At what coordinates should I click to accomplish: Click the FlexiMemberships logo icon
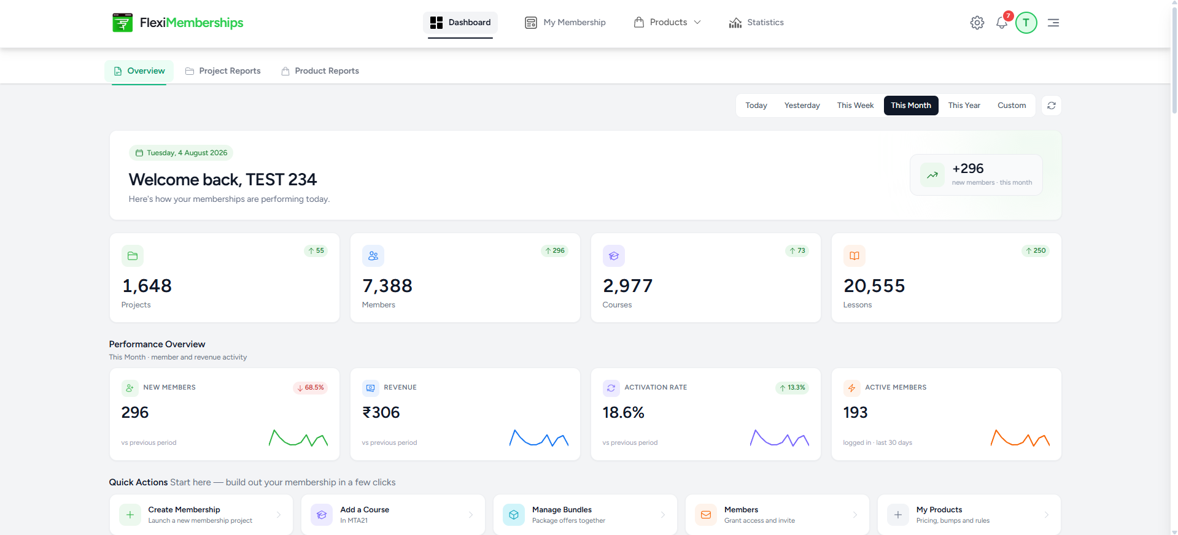122,23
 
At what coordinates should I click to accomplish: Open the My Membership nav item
565,23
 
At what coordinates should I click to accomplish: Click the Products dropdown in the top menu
667,23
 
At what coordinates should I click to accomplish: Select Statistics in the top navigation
756,23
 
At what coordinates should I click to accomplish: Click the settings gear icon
977,23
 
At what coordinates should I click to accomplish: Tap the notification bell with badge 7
1002,23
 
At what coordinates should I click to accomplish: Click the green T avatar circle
1026,23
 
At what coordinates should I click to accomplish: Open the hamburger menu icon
1053,23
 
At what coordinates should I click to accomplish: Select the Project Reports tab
223,71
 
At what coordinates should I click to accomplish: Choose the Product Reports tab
320,71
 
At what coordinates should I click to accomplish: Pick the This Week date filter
855,106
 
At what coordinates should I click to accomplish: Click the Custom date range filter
1012,106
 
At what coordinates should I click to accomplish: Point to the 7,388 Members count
387,286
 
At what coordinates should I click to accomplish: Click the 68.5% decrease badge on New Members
311,388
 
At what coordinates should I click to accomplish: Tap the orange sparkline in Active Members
1020,438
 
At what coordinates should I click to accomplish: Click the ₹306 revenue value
381,412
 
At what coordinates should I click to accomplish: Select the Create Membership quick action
201,515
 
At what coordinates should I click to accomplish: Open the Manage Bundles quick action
585,515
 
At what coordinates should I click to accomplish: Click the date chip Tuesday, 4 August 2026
181,153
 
